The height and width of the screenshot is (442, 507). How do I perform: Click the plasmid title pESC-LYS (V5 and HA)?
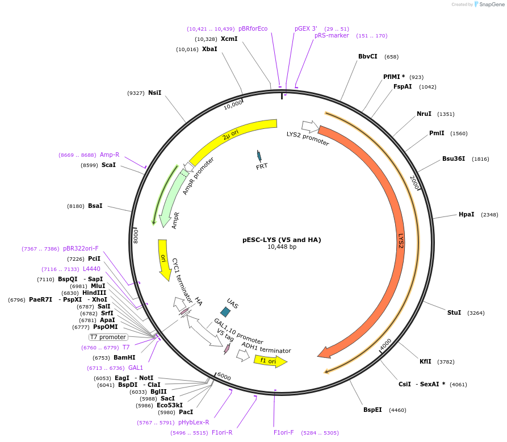(x=282, y=240)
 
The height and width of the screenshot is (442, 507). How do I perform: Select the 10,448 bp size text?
(x=282, y=247)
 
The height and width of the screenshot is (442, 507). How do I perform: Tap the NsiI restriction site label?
(x=154, y=93)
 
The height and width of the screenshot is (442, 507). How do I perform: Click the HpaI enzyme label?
(x=466, y=214)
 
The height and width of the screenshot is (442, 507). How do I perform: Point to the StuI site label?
(x=454, y=312)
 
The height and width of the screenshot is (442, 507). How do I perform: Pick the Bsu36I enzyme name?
(x=454, y=159)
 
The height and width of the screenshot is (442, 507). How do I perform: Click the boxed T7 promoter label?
(x=108, y=337)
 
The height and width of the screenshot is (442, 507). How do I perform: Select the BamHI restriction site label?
(x=124, y=357)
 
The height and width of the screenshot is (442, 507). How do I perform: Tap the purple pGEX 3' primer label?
(x=305, y=28)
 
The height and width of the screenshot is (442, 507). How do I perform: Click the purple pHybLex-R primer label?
(x=194, y=422)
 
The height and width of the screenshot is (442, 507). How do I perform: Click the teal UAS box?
(x=225, y=311)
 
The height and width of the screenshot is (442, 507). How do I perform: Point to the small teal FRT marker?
(x=259, y=156)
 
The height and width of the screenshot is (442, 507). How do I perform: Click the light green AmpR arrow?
(x=170, y=199)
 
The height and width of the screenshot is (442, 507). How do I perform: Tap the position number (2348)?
(x=489, y=215)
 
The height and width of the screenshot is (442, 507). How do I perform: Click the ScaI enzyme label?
(x=108, y=165)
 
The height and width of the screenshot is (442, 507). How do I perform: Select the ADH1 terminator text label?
(x=266, y=347)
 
